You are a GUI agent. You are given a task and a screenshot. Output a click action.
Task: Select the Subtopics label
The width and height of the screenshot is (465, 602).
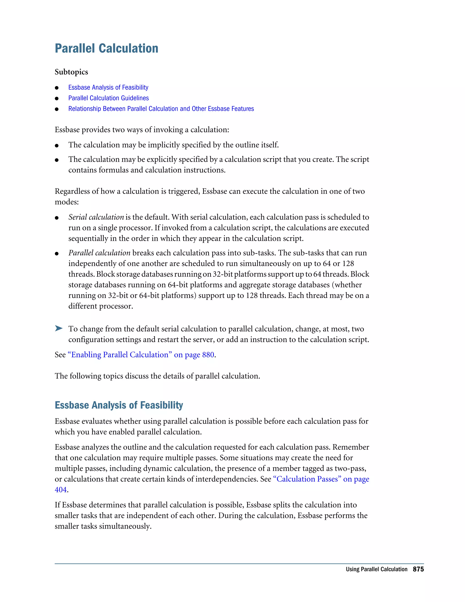pos(71,72)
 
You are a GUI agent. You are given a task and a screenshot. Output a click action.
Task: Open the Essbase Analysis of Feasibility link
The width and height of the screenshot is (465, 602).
pos(108,87)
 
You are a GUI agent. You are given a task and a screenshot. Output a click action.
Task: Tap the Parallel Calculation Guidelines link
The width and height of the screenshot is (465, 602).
pos(108,98)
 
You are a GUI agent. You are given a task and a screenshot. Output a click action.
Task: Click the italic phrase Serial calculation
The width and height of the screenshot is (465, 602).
pos(96,217)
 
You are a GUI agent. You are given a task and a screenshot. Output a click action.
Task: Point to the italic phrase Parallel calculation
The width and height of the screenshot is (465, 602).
pos(99,253)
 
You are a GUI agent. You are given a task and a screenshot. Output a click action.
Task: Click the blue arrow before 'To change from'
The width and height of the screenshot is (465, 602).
pos(59,328)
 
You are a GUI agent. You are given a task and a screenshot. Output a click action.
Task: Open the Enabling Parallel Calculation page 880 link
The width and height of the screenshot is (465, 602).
pos(141,355)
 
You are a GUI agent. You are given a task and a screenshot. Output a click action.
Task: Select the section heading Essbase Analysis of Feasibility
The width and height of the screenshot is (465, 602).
pos(119,405)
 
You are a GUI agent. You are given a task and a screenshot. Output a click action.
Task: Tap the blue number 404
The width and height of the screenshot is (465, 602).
pos(61,490)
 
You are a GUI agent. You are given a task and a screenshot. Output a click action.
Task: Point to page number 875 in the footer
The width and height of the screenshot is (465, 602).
pos(418,569)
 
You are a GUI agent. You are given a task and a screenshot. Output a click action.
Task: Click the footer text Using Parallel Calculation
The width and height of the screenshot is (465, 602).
pos(376,569)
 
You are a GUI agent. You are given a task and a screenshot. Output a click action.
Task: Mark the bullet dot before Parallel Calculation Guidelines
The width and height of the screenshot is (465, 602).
pos(57,98)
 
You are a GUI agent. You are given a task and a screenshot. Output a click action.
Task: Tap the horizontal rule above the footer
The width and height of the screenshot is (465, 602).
pos(239,564)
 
